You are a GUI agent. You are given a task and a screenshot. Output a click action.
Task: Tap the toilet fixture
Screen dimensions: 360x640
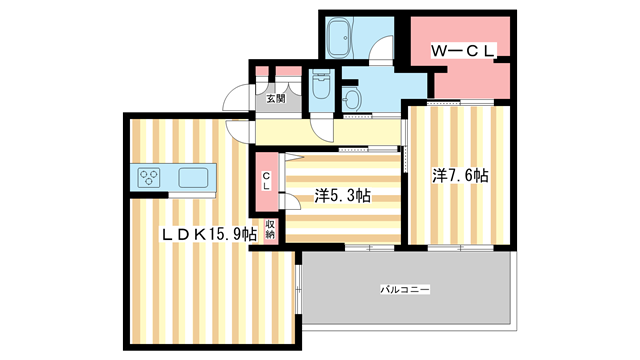(x=321, y=86)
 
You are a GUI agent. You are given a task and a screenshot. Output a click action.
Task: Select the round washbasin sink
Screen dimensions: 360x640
(x=353, y=98)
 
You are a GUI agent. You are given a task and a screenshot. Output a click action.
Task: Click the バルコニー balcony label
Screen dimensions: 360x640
(x=404, y=289)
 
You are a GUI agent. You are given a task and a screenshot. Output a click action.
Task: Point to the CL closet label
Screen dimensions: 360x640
(x=266, y=181)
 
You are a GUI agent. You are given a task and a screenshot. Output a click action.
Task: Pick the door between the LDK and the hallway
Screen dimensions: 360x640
(x=239, y=128)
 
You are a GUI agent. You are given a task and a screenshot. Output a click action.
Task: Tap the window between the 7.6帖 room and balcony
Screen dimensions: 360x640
(x=459, y=246)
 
